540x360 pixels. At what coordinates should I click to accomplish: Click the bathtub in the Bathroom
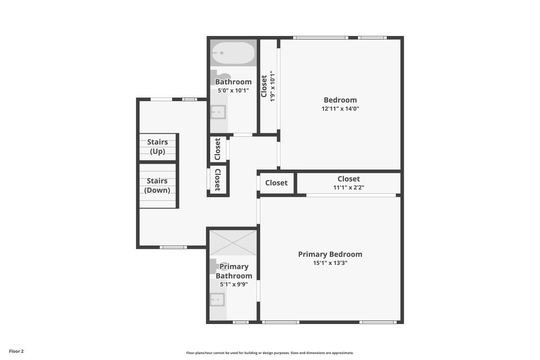[233, 53]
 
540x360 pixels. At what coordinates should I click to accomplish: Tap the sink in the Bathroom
[218, 112]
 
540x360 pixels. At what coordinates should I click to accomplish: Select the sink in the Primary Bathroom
[217, 300]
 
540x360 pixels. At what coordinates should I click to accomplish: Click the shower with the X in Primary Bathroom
[233, 243]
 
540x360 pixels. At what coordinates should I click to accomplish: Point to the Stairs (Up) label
[157, 147]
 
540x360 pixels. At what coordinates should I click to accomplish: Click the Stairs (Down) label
[157, 185]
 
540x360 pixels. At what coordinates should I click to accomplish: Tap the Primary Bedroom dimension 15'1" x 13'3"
[330, 263]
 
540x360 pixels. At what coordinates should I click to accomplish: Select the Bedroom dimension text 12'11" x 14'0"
[340, 108]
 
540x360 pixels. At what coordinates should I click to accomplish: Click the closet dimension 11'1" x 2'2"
[348, 187]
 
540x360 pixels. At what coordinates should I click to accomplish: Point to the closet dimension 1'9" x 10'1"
[272, 86]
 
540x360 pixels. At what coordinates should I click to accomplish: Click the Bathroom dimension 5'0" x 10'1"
[233, 90]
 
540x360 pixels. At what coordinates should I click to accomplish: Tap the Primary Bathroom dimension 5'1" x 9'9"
[234, 284]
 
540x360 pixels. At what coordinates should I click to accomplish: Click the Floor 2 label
[17, 351]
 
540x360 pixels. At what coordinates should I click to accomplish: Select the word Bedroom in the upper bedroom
[340, 100]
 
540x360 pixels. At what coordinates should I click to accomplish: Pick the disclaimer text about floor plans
[270, 353]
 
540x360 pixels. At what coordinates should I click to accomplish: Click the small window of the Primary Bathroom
[240, 322]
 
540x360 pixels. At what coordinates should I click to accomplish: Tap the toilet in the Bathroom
[219, 77]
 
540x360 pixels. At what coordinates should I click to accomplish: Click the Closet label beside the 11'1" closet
[276, 183]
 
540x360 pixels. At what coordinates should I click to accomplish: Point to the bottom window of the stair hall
[173, 247]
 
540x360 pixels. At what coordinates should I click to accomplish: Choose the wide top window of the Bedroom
[321, 37]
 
